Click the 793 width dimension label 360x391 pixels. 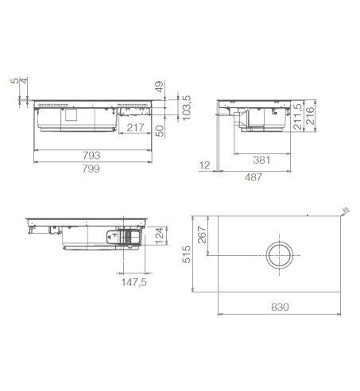91,155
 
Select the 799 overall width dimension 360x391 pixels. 91,168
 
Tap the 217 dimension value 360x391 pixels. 135,128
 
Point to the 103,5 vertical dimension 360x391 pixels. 187,108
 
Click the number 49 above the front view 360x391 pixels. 160,87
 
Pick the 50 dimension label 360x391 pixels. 160,131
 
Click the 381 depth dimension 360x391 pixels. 261,160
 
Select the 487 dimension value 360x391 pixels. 254,177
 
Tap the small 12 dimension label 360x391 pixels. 204,165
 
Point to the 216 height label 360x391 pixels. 309,115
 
